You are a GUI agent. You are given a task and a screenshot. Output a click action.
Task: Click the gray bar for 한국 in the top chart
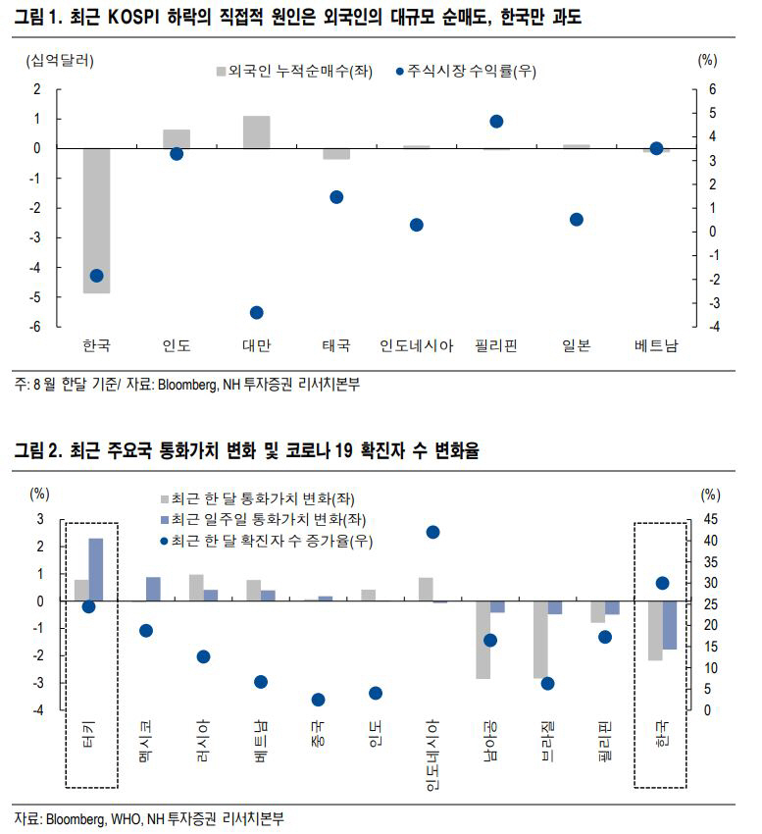pyautogui.click(x=96, y=221)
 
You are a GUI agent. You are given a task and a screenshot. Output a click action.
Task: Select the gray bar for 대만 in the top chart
pyautogui.click(x=257, y=132)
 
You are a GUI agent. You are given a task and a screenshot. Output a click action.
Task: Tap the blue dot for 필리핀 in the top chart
pyautogui.click(x=496, y=122)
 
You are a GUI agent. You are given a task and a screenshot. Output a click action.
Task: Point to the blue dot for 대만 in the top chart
pyautogui.click(x=257, y=312)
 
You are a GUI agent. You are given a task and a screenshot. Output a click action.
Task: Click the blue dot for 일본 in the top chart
pyautogui.click(x=577, y=220)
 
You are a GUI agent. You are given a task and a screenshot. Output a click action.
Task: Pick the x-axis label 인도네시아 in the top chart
pyautogui.click(x=416, y=345)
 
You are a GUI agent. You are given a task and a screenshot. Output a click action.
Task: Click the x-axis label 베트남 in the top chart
pyautogui.click(x=656, y=345)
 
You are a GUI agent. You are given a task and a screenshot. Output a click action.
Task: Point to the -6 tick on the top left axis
pyautogui.click(x=35, y=327)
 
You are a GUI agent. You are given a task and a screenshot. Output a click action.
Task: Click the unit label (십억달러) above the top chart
pyautogui.click(x=61, y=60)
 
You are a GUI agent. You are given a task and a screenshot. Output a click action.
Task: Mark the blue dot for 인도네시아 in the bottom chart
pyautogui.click(x=432, y=532)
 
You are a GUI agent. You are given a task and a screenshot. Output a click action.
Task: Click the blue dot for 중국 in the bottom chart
pyautogui.click(x=318, y=700)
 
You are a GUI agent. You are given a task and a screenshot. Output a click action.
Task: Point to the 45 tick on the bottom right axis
pyautogui.click(x=711, y=519)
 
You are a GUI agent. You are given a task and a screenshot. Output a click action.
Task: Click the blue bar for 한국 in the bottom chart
pyautogui.click(x=670, y=625)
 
